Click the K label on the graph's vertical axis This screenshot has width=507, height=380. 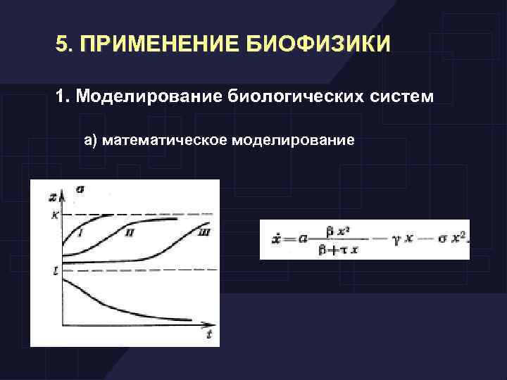click(55, 215)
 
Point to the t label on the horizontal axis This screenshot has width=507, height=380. click(209, 335)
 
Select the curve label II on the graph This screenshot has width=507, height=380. click(130, 232)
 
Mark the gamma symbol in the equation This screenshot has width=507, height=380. click(397, 241)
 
